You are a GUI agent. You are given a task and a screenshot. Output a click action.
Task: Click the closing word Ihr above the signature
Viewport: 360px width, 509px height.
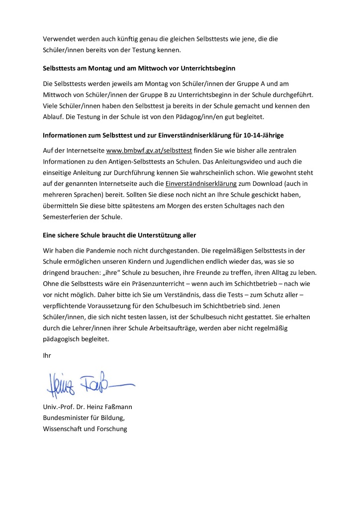(x=47, y=355)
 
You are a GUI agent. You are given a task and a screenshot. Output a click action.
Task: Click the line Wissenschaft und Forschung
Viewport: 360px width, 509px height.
(x=85, y=428)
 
